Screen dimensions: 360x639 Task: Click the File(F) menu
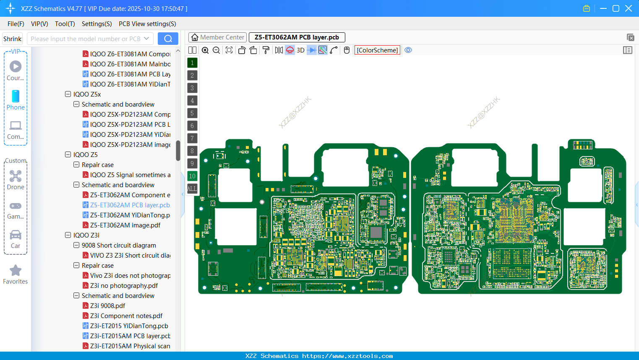click(x=16, y=24)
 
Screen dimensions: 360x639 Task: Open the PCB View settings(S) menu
click(x=147, y=24)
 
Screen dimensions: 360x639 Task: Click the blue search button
click(x=168, y=39)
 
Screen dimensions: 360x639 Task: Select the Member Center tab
click(x=218, y=37)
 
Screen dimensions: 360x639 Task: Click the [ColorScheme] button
click(x=377, y=50)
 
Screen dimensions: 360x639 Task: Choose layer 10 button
click(x=192, y=176)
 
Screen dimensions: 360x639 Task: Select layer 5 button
click(x=192, y=113)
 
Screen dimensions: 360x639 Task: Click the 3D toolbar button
click(x=300, y=50)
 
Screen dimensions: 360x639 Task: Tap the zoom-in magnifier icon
click(x=205, y=50)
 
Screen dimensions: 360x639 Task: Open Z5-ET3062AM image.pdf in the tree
click(x=125, y=225)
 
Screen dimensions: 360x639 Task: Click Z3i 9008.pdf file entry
click(x=107, y=306)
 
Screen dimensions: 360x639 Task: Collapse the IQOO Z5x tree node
click(x=68, y=94)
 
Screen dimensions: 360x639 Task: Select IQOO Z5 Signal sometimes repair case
click(x=130, y=175)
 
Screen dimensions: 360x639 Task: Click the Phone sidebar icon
click(x=16, y=100)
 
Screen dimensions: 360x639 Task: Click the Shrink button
click(x=12, y=39)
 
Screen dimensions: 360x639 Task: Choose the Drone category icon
click(x=16, y=180)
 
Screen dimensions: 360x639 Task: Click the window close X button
click(x=629, y=8)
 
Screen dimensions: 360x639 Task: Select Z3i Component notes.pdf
click(x=126, y=316)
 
